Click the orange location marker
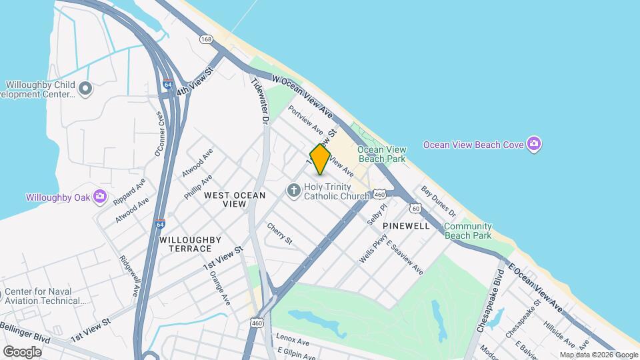click(x=320, y=160)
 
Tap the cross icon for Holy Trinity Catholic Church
click(x=293, y=191)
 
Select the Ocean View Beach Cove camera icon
click(x=533, y=144)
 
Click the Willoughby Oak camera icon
click(x=100, y=196)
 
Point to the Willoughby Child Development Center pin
click(x=85, y=88)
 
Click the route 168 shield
click(x=206, y=40)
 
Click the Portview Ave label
click(x=305, y=120)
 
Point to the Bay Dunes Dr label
click(x=438, y=202)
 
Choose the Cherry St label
click(x=279, y=233)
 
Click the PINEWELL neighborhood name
click(x=406, y=226)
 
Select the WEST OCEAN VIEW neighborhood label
click(x=235, y=199)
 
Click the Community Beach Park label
click(x=468, y=231)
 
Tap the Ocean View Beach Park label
click(x=381, y=154)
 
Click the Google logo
click(x=23, y=351)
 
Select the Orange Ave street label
click(x=219, y=288)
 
